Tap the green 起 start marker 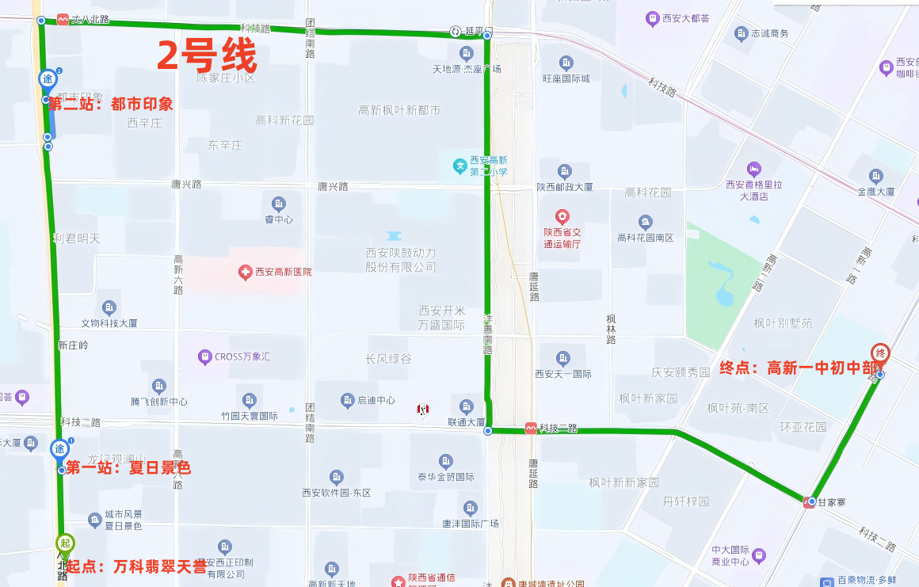[x=65, y=543]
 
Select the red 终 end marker [x=879, y=353]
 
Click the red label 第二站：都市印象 [x=110, y=104]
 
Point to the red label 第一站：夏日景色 [x=128, y=468]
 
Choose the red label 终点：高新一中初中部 [x=798, y=368]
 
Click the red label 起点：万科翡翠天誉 [x=136, y=567]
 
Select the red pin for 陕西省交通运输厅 [x=562, y=215]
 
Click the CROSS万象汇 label [x=242, y=357]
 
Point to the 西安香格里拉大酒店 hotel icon [x=754, y=169]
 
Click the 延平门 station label [x=479, y=32]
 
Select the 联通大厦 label [x=466, y=422]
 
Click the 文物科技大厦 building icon [x=109, y=307]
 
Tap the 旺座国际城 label [x=566, y=78]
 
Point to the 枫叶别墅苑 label [x=783, y=323]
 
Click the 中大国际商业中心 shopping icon [x=759, y=555]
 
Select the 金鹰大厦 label [x=875, y=192]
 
